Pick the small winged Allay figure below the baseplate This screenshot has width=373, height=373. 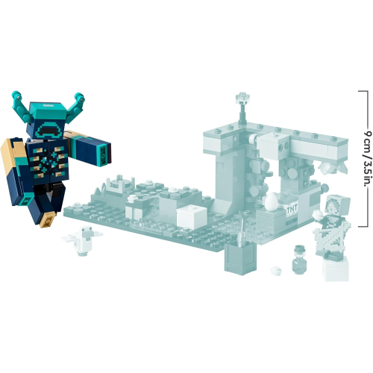click(x=81, y=240)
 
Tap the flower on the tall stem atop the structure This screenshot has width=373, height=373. click(x=241, y=97)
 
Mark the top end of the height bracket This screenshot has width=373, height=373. click(x=363, y=91)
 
